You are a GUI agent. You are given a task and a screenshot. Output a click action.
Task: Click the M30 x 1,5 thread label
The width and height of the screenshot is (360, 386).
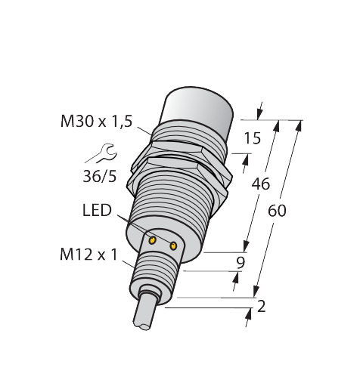(96, 121)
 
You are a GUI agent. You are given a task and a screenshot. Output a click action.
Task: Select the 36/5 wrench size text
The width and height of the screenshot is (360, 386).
(100, 176)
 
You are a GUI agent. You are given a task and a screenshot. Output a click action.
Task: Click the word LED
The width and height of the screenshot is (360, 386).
(97, 211)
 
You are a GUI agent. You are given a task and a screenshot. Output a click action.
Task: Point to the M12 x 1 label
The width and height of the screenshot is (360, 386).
(88, 255)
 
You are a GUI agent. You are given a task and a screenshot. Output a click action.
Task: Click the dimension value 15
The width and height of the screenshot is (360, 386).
(253, 138)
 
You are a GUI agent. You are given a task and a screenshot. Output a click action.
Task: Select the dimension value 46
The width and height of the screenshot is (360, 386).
(261, 184)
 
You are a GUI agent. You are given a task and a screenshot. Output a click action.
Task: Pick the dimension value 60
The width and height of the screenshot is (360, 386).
(277, 211)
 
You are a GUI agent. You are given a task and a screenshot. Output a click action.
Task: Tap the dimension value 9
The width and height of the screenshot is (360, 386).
(241, 263)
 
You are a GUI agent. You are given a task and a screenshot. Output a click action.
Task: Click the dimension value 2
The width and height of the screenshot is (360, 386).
(262, 307)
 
